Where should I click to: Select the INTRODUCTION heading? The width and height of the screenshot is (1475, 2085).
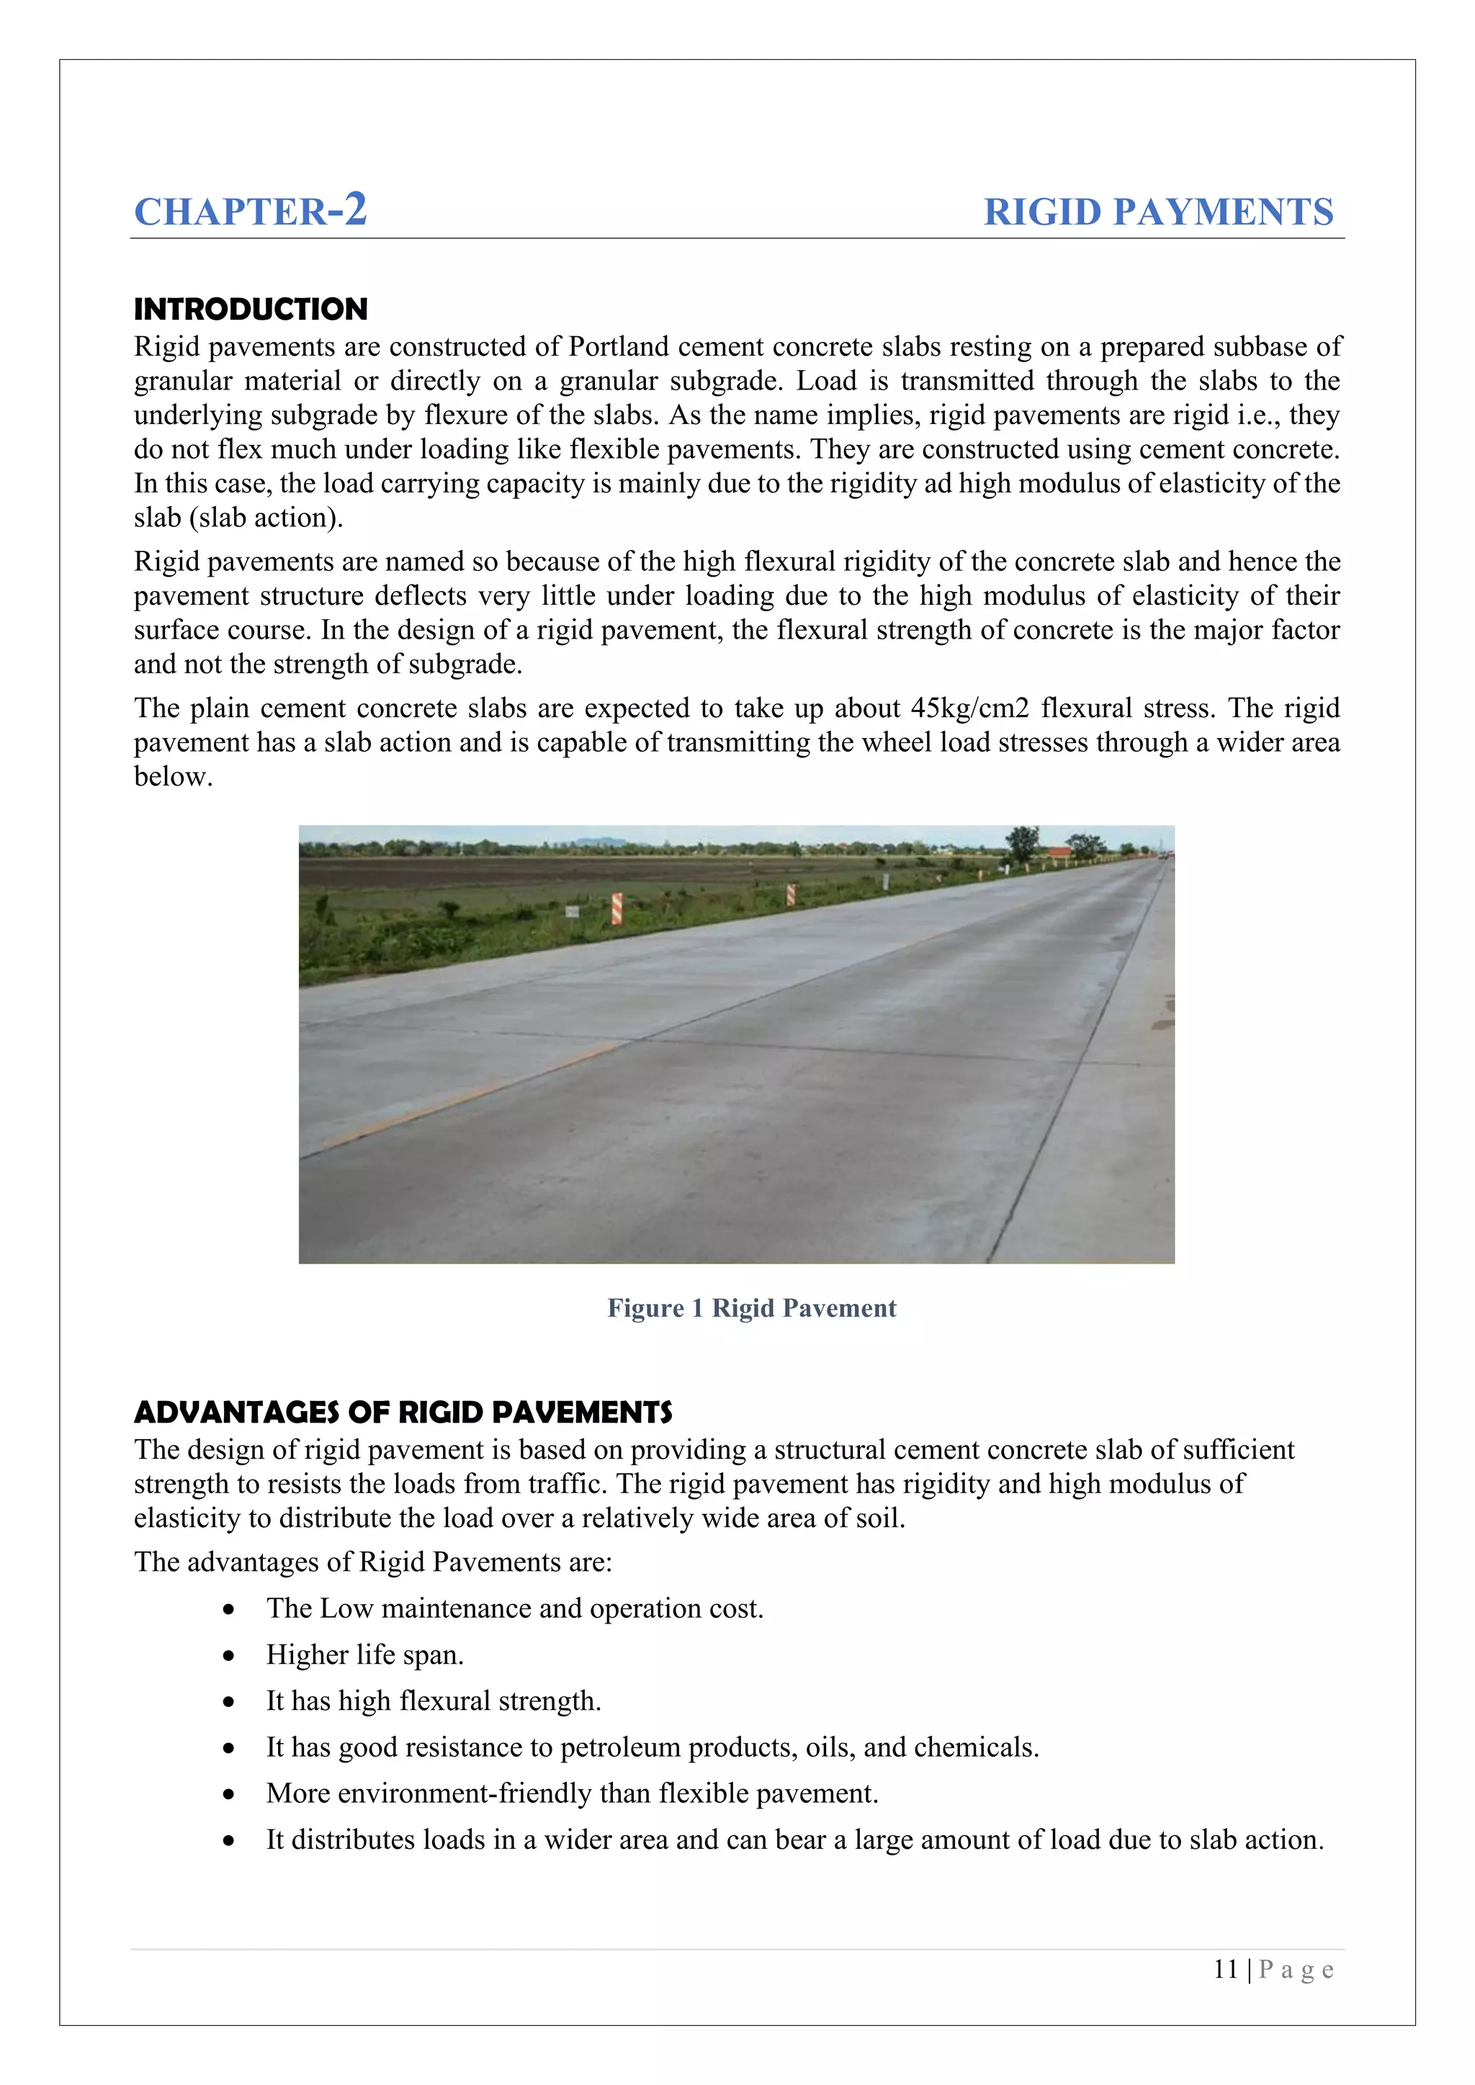coord(251,310)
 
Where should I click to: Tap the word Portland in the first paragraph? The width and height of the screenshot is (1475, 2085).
coord(619,347)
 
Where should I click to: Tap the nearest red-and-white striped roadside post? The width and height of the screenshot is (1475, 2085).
coord(617,908)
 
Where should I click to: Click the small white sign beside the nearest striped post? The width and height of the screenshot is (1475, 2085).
coord(572,911)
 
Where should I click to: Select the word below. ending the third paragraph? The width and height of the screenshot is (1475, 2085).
coord(173,778)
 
